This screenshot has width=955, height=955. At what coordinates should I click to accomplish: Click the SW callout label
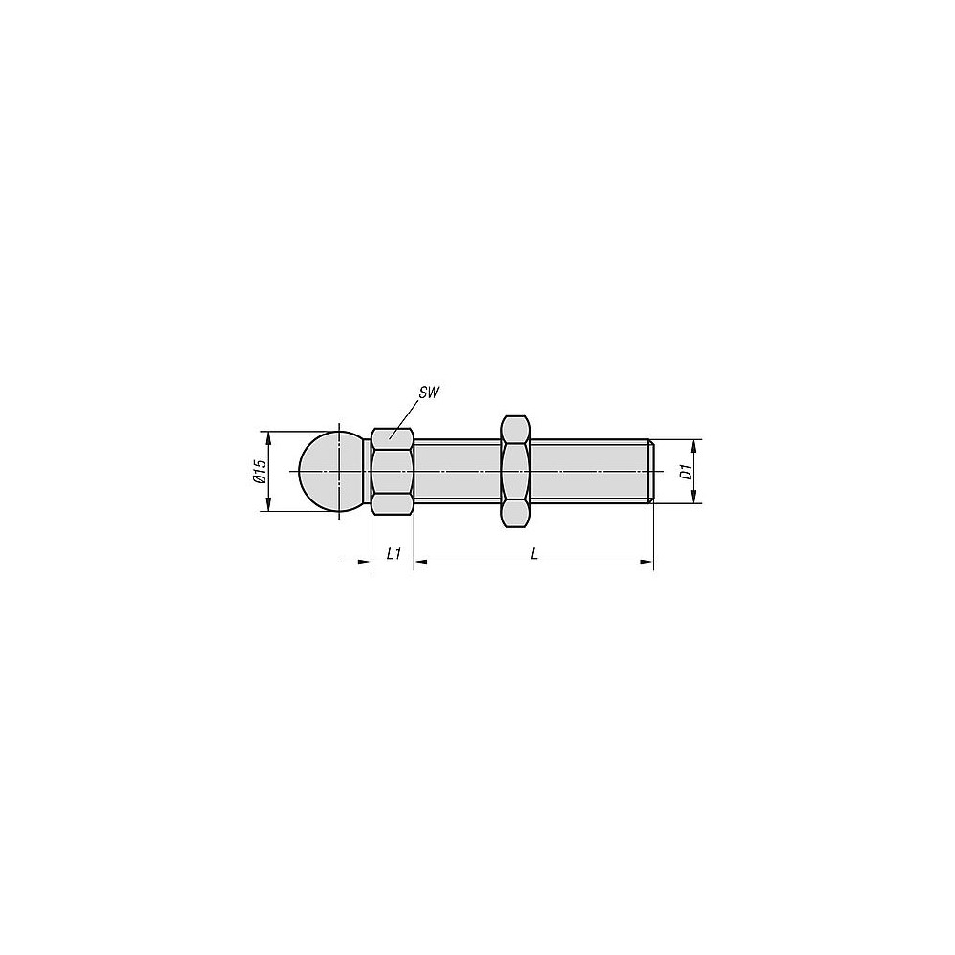point(429,393)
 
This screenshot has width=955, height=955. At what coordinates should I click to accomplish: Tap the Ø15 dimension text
point(260,472)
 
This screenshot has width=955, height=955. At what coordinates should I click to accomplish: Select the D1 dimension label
point(687,472)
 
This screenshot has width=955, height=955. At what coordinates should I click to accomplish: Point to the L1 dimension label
point(394,553)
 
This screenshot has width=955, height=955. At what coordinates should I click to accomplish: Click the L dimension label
point(534,553)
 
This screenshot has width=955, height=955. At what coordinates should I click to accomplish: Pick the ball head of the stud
point(331,472)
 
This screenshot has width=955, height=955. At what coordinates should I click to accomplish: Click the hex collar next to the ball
point(393,472)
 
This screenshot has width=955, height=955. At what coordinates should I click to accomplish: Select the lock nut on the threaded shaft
point(516,471)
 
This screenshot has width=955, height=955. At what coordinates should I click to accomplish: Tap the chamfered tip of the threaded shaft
point(651,472)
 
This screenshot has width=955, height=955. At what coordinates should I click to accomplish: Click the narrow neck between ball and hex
point(368,472)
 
